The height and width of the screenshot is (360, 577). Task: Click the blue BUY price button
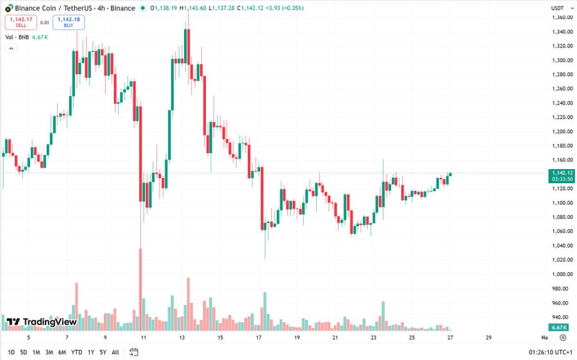click(69, 22)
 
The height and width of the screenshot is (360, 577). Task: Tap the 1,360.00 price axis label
click(561, 17)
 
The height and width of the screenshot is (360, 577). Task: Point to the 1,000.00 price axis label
click(561, 274)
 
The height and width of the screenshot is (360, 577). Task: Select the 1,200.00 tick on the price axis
click(561, 131)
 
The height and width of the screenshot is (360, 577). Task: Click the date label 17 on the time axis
click(258, 337)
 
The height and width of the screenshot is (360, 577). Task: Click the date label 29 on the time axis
click(489, 337)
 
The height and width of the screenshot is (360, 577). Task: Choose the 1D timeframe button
click(12, 352)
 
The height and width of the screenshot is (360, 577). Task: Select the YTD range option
click(76, 352)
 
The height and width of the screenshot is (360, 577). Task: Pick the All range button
click(115, 352)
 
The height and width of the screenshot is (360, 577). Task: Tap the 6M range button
click(62, 352)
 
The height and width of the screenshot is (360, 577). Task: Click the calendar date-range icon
click(134, 352)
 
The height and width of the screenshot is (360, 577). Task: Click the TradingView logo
click(42, 322)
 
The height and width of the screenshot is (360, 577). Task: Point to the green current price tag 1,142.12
click(561, 173)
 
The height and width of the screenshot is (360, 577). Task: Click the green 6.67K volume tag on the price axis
click(559, 327)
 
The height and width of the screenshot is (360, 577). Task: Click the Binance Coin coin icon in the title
click(9, 8)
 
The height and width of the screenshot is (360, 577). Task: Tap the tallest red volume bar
click(140, 288)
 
